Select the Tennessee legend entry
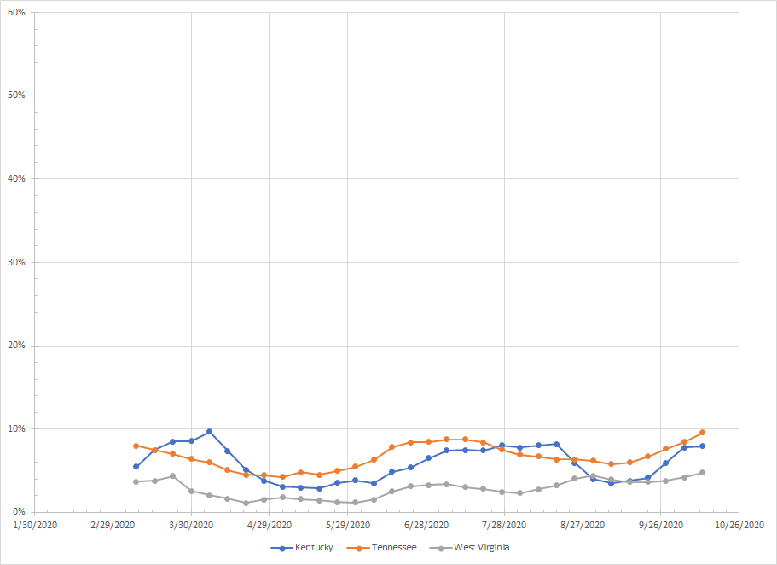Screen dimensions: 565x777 click(x=395, y=547)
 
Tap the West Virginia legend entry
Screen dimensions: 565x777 click(x=481, y=547)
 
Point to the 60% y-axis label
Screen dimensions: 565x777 click(x=16, y=12)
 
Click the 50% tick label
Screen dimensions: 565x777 click(x=16, y=96)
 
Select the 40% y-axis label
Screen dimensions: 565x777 click(x=16, y=179)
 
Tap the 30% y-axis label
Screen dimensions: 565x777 click(x=16, y=262)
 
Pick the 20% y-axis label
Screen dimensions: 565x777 click(x=16, y=346)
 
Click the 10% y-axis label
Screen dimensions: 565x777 click(x=16, y=428)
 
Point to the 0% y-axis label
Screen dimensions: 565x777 click(x=19, y=512)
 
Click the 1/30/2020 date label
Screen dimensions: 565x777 click(x=35, y=525)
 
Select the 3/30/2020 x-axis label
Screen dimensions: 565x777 click(x=191, y=525)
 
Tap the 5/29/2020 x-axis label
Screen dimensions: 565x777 click(x=348, y=525)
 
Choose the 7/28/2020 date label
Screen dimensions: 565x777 click(x=504, y=525)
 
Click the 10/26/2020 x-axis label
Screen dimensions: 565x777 click(x=739, y=525)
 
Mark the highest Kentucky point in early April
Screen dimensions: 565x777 click(x=209, y=432)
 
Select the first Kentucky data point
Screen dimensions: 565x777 click(x=136, y=467)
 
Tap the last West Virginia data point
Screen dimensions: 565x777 click(x=702, y=473)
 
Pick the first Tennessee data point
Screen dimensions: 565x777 click(x=136, y=446)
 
